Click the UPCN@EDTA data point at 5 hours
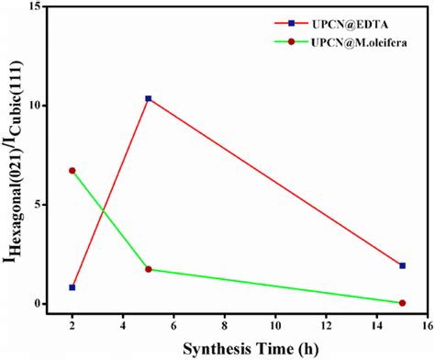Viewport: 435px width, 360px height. [149, 98]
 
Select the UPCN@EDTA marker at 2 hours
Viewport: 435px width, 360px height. [72, 287]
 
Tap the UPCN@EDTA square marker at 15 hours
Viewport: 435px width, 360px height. [402, 265]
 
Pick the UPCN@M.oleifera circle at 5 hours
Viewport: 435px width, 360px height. [149, 269]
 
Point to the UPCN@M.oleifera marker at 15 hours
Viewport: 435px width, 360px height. [402, 303]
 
